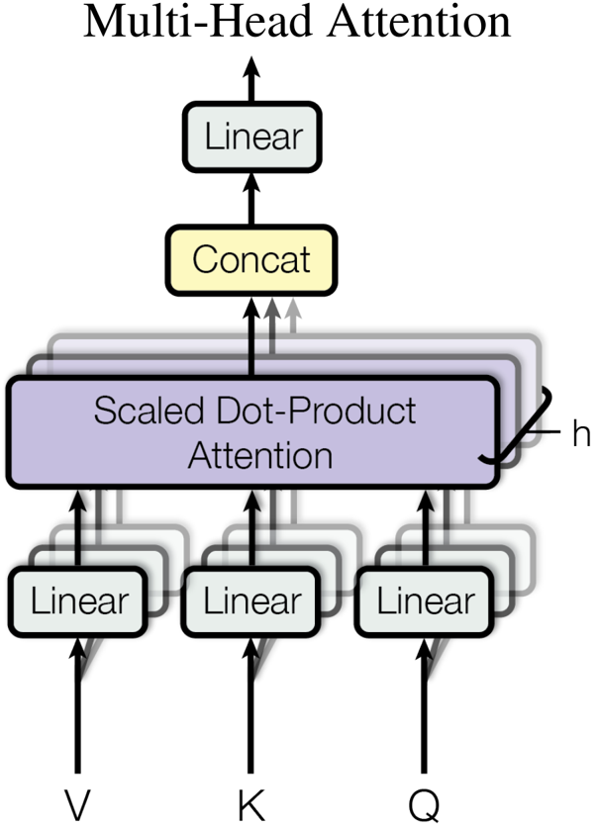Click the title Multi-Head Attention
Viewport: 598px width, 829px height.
coord(297,22)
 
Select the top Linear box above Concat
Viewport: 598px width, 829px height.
coord(251,137)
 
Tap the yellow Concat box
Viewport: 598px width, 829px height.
coord(251,259)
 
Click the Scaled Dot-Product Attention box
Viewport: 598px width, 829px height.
coord(251,432)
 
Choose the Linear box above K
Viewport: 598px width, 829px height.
coord(251,600)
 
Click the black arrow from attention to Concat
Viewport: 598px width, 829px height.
coord(251,336)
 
